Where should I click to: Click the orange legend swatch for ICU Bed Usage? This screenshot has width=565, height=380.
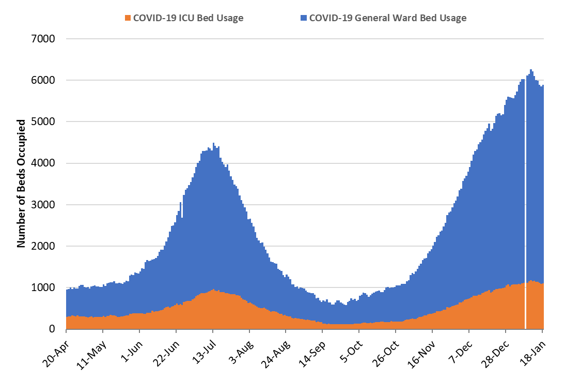tap(128, 18)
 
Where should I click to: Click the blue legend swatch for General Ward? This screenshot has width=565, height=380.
tap(304, 18)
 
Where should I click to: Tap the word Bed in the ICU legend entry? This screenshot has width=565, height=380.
tap(205, 18)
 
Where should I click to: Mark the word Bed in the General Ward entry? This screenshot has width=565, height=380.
tap(427, 18)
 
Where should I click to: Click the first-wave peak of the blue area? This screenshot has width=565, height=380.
tap(213, 144)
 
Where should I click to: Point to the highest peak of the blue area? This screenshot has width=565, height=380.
tap(530, 71)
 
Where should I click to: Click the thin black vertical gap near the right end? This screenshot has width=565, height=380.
tap(525, 207)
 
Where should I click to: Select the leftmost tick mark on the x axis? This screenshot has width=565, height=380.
tap(67, 331)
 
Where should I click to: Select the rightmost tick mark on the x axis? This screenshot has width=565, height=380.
tap(542, 331)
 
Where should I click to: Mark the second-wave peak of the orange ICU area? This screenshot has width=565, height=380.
tap(530, 281)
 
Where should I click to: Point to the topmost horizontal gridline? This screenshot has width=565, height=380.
tap(305, 39)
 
